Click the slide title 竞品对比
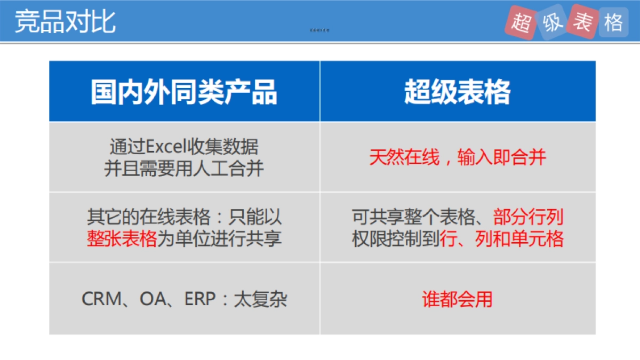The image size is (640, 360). coord(65,22)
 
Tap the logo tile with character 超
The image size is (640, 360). coord(521,23)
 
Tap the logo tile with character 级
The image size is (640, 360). coord(552,23)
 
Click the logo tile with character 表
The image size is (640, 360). coord(582,21)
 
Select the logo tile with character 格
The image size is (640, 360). coord(613,22)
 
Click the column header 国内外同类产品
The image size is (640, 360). coord(184,92)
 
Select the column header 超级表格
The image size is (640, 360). coord(457,92)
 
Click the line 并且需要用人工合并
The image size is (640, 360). coord(184,169)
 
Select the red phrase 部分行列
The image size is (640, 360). coord(528,217)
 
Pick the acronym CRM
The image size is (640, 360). coord(102,299)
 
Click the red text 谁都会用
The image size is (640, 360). coord(457,299)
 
